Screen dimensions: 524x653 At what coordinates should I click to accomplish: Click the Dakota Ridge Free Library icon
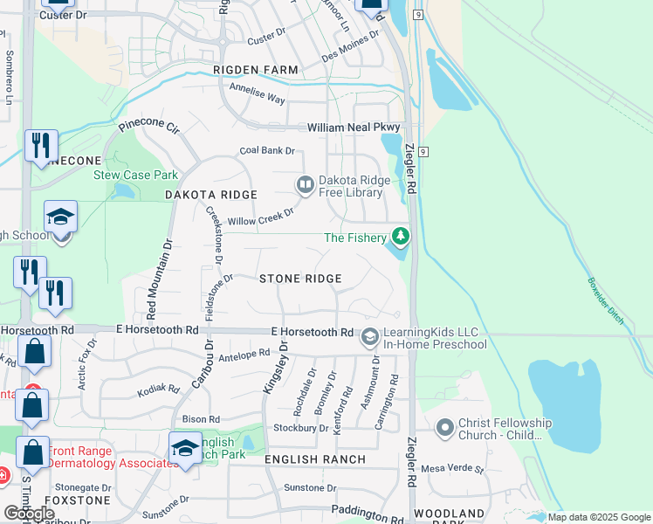coord(305,184)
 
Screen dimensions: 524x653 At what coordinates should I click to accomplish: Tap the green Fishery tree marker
coord(401,236)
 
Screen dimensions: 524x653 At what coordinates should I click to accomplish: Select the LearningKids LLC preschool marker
coord(370,336)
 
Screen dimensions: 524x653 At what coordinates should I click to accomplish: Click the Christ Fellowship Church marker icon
coord(445,427)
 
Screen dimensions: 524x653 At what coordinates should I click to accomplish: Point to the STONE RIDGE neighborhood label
coord(300,278)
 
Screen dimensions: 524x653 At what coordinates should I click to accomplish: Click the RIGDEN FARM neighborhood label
coord(255,69)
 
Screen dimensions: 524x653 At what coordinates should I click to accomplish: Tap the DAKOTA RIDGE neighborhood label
coord(211,195)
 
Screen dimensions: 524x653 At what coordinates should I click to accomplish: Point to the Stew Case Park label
coord(135,175)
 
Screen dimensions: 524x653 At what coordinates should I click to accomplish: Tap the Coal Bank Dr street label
coord(267,150)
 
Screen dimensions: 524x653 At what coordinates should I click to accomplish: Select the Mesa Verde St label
coord(452,468)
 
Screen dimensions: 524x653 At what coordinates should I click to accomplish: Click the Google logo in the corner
coord(30,514)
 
